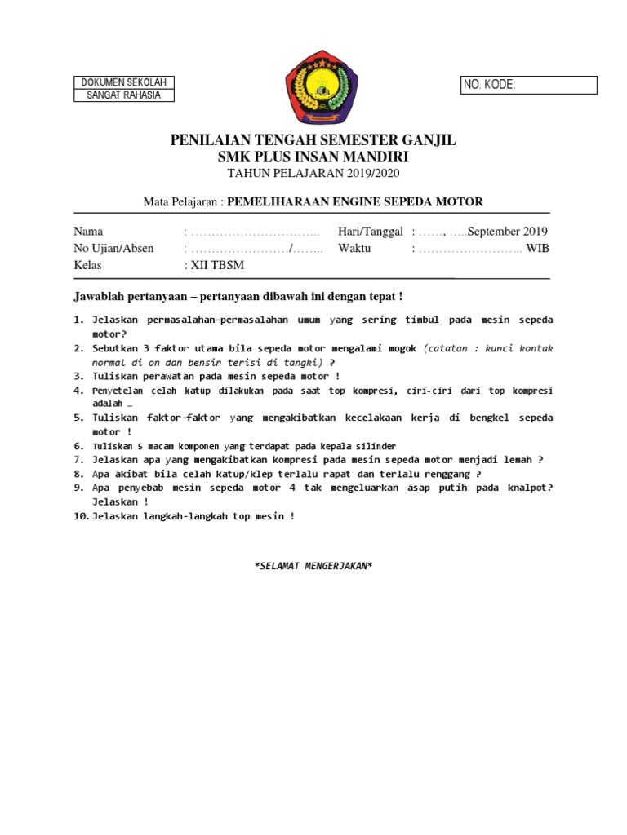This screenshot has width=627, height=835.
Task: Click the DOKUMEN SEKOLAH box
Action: pyautogui.click(x=124, y=82)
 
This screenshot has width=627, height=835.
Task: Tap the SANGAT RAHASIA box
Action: pyautogui.click(x=124, y=95)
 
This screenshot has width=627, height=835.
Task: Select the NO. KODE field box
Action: pyautogui.click(x=529, y=85)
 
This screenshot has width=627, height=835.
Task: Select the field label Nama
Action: pyautogui.click(x=89, y=231)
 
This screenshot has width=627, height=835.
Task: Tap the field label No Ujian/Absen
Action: pyautogui.click(x=113, y=248)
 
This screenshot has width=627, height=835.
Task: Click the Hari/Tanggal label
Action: pyautogui.click(x=370, y=231)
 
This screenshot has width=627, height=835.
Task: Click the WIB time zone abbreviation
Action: pyautogui.click(x=538, y=248)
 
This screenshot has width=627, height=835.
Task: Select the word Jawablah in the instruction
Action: pyautogui.click(x=100, y=294)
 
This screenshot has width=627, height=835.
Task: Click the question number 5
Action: pyautogui.click(x=79, y=417)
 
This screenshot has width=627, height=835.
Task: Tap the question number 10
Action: pyautogui.click(x=81, y=516)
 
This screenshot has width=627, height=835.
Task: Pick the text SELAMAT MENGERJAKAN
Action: pyautogui.click(x=313, y=565)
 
